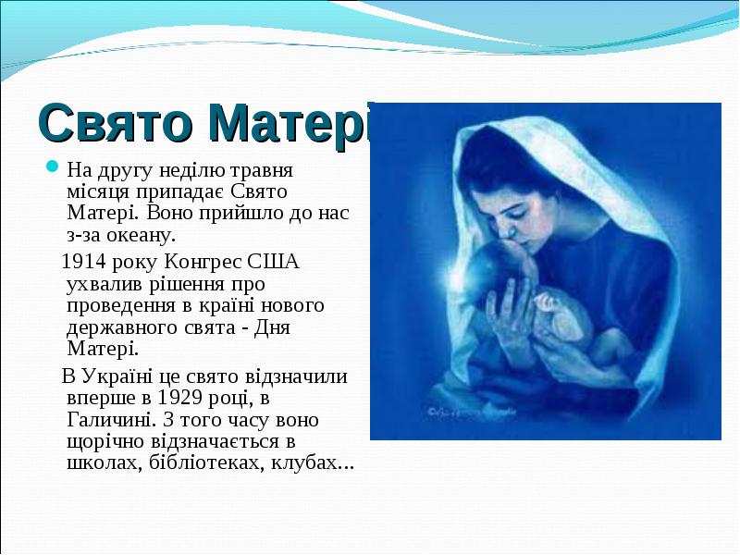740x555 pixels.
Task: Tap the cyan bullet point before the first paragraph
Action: (x=53, y=168)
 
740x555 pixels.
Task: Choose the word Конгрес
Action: (x=209, y=262)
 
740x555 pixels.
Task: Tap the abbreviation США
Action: (x=276, y=262)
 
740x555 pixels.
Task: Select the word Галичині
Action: (x=107, y=420)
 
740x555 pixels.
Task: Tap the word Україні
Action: (x=125, y=377)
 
